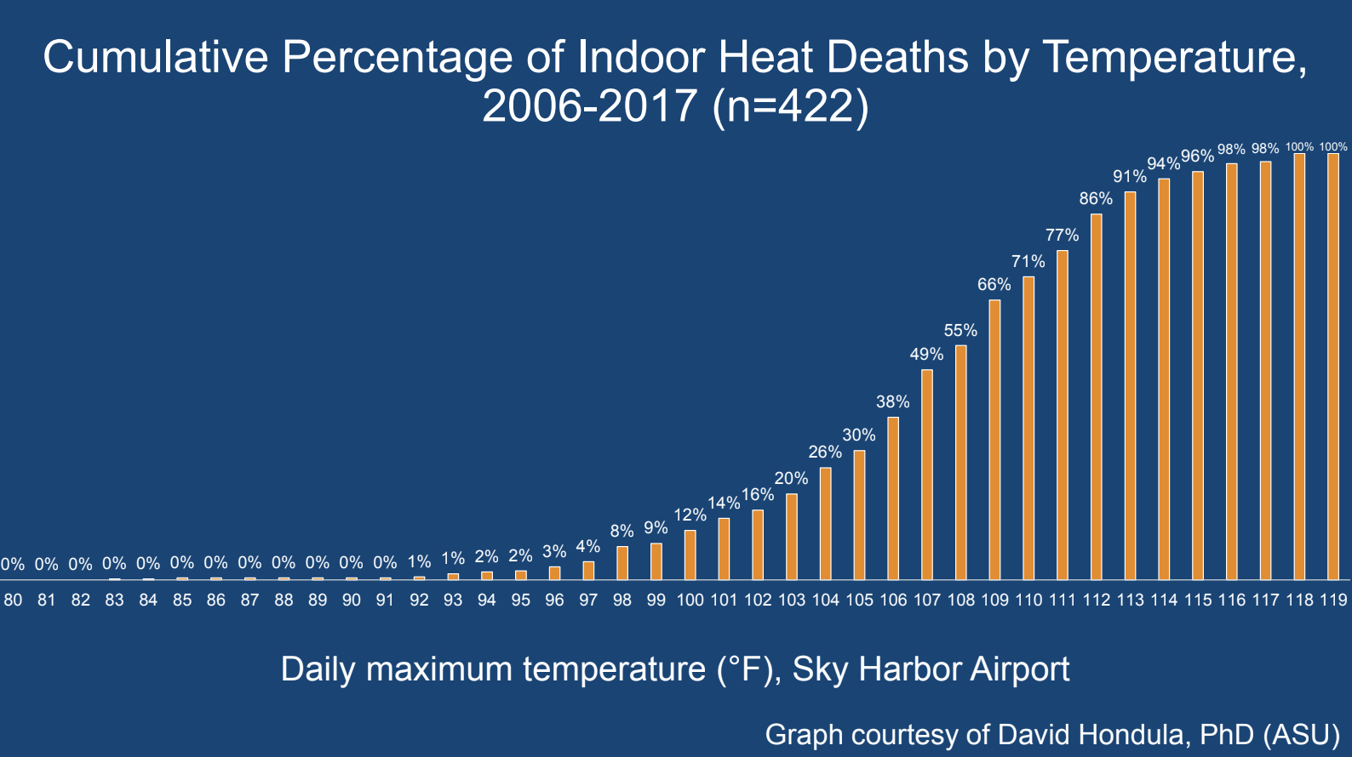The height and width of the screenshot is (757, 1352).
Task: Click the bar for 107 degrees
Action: (927, 475)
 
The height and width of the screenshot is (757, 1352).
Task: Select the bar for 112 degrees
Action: (1097, 396)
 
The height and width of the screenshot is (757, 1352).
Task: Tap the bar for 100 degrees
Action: (690, 555)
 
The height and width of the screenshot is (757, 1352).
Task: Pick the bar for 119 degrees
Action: (1333, 367)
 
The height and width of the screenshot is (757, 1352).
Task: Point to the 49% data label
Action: (926, 354)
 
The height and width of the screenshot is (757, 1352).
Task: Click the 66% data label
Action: (994, 284)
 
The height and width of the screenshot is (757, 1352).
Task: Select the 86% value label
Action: (1096, 198)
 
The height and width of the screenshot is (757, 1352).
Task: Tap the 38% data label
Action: (892, 401)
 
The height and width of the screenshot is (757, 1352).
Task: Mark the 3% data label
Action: (554, 551)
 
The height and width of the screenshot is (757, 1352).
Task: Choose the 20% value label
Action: (791, 478)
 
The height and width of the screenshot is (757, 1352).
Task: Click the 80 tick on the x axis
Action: (13, 600)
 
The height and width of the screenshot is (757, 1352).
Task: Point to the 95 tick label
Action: (520, 600)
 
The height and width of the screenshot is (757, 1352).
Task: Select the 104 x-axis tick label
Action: (825, 600)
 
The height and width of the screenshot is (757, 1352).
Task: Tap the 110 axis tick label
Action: (1028, 600)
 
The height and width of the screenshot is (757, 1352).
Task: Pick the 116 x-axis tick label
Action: (1232, 600)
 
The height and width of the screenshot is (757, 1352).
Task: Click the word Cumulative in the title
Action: (156, 58)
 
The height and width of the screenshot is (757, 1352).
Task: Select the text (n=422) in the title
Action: (791, 107)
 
